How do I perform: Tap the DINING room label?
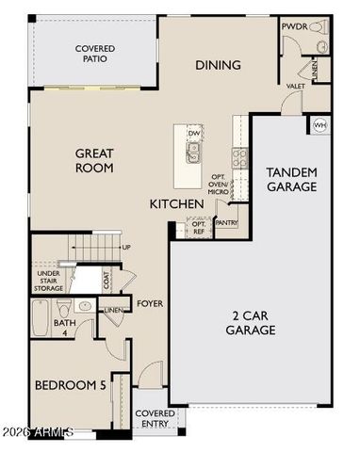218,65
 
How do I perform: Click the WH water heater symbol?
319,124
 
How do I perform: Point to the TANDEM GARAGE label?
291,179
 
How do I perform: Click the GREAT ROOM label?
94,160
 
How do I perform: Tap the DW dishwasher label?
193,134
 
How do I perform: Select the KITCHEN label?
176,203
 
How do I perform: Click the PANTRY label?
226,223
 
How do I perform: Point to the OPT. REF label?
198,228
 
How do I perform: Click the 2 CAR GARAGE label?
250,323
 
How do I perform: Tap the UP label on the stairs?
126,248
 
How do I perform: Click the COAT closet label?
106,279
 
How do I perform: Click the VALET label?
295,86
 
